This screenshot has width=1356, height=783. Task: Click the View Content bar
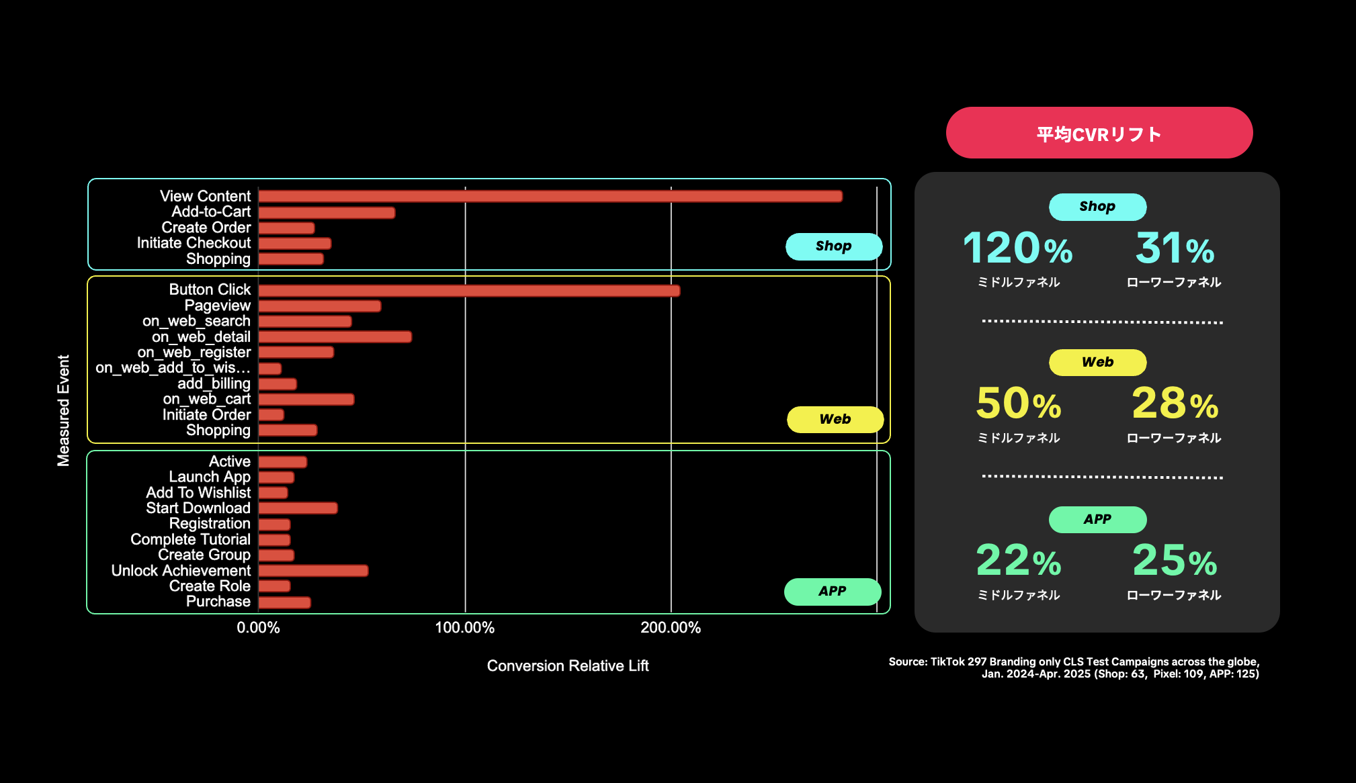[550, 196]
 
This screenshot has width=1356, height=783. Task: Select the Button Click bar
[469, 291]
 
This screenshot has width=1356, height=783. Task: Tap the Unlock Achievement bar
[313, 571]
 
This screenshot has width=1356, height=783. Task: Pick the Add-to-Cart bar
[327, 212]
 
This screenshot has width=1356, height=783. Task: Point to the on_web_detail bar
[335, 337]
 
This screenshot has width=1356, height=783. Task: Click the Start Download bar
[298, 508]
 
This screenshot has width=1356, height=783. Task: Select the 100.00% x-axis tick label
[464, 628]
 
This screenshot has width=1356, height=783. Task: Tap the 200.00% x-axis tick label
[670, 628]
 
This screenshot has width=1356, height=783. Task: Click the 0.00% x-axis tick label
[258, 628]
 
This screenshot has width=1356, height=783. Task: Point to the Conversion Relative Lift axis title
[568, 665]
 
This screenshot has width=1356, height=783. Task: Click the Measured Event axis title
[63, 410]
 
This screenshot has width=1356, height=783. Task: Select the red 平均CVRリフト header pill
[1099, 133]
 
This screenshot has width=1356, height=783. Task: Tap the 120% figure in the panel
[1017, 248]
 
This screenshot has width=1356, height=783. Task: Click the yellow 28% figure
[1175, 403]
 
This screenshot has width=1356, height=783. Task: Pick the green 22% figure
[1018, 560]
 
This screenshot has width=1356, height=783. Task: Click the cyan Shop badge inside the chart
[833, 246]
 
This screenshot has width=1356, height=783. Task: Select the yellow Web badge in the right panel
[1097, 363]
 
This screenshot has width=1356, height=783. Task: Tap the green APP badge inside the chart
[832, 592]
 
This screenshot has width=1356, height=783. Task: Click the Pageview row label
[217, 306]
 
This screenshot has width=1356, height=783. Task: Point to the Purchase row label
[218, 602]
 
